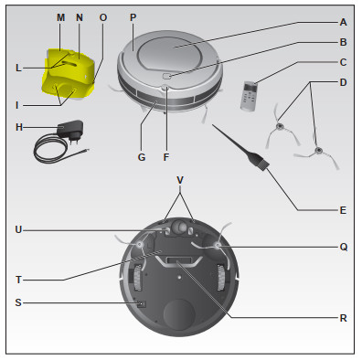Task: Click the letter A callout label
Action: tap(343, 22)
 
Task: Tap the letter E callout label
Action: tap(343, 210)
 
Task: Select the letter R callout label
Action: tap(344, 318)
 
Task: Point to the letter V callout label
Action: tap(180, 180)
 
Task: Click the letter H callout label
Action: tap(19, 127)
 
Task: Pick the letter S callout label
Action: tap(18, 302)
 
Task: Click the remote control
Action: tap(249, 96)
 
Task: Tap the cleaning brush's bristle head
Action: tap(261, 163)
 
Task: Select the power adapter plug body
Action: tap(71, 131)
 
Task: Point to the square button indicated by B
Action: tap(166, 76)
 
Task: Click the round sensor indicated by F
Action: tap(165, 88)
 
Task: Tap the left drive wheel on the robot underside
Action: tap(138, 278)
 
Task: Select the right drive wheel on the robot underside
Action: tap(221, 278)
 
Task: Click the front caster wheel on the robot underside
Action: tap(180, 227)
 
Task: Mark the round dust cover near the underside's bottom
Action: tap(179, 314)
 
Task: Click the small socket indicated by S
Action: tap(142, 303)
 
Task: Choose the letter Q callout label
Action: tap(344, 247)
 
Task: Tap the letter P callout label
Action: tap(133, 17)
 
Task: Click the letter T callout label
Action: tap(18, 280)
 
